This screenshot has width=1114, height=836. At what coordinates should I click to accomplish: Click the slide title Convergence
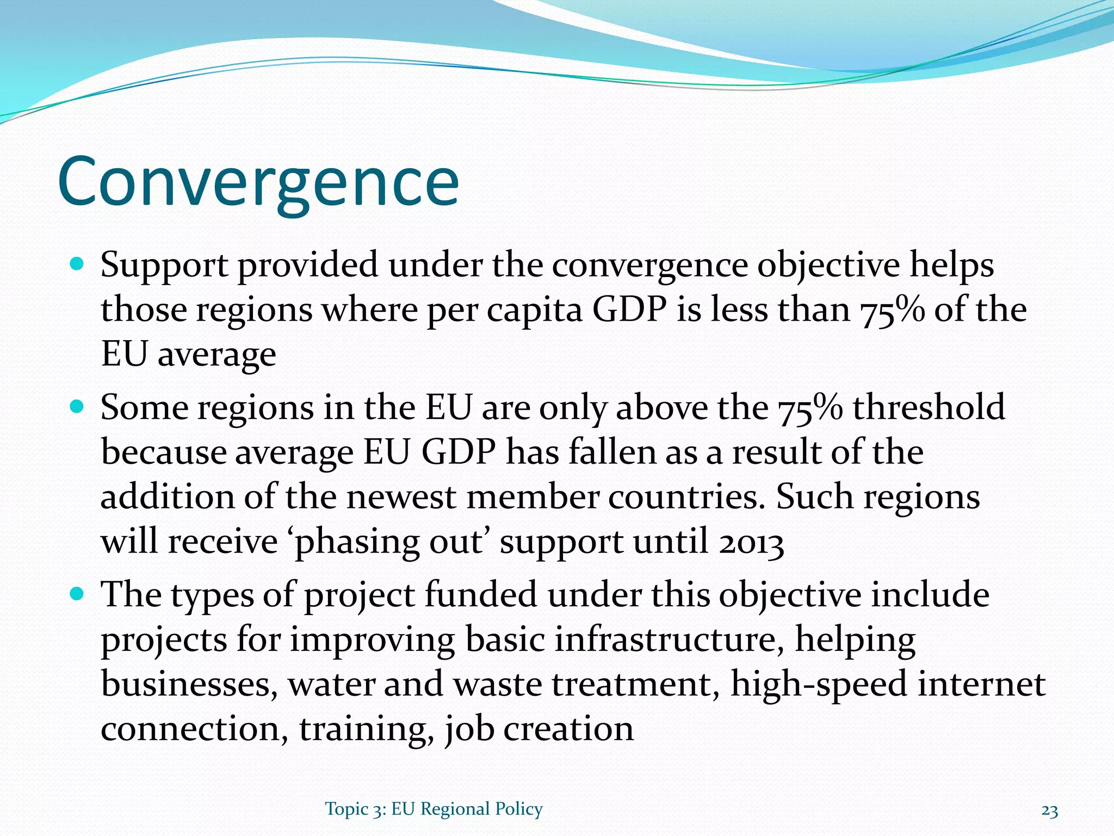258,182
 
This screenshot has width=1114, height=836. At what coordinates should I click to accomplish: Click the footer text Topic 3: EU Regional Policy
434,809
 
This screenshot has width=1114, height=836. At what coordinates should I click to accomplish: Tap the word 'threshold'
929,407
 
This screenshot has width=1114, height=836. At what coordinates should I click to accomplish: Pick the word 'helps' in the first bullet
952,266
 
